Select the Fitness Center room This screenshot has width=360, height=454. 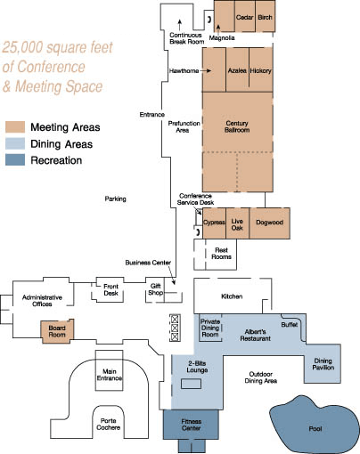pyautogui.click(x=191, y=425)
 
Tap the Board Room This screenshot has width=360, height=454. pyautogui.click(x=57, y=331)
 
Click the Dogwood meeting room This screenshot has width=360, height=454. pyautogui.click(x=269, y=223)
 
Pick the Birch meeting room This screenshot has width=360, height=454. pyautogui.click(x=266, y=16)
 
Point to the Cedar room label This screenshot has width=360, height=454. pyautogui.click(x=244, y=17)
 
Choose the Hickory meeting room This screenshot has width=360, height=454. pyautogui.click(x=261, y=69)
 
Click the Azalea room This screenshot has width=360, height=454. pyautogui.click(x=237, y=69)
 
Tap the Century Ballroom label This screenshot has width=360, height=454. pyautogui.click(x=237, y=126)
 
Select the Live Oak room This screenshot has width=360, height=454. pyautogui.click(x=237, y=223)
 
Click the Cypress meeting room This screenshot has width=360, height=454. pyautogui.click(x=214, y=223)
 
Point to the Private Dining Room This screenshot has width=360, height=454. pyautogui.click(x=210, y=328)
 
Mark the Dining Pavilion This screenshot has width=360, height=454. pyautogui.click(x=323, y=363)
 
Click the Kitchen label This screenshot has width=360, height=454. pyautogui.click(x=232, y=296)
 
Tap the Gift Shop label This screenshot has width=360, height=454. pyautogui.click(x=156, y=289)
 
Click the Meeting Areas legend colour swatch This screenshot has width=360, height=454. pyautogui.click(x=15, y=127)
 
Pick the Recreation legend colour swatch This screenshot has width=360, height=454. pyautogui.click(x=15, y=160)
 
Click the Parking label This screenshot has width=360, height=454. pyautogui.click(x=115, y=199)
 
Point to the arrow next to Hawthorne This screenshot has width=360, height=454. pyautogui.click(x=206, y=70)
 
